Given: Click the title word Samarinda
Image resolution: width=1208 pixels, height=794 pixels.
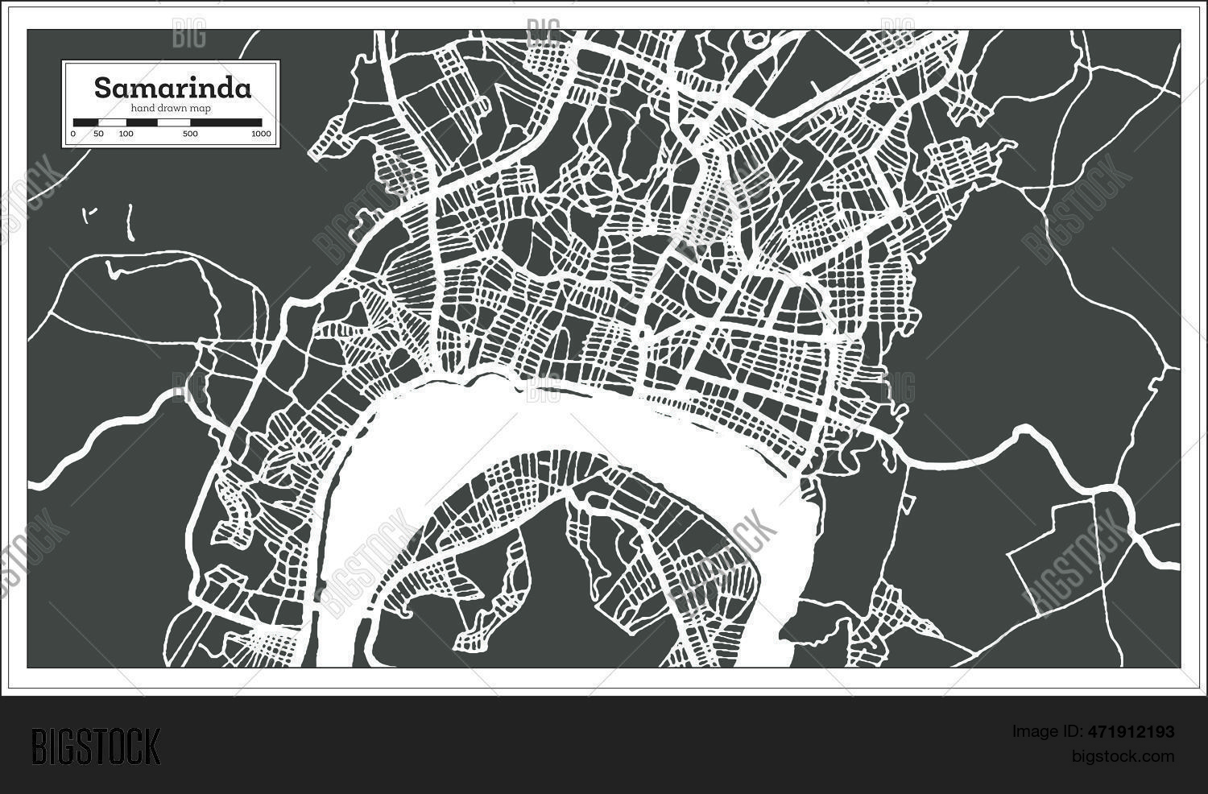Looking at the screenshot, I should pyautogui.click(x=172, y=88).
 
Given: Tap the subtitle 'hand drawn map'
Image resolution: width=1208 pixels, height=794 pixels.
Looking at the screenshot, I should pyautogui.click(x=172, y=108).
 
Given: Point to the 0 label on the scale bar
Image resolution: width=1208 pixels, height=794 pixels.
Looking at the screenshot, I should pyautogui.click(x=73, y=134).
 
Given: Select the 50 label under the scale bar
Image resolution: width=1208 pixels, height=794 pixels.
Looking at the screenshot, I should pyautogui.click(x=98, y=134).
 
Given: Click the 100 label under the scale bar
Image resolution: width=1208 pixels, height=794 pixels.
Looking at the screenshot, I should pyautogui.click(x=126, y=134).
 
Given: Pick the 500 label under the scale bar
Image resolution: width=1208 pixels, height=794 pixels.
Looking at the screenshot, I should pyautogui.click(x=190, y=134).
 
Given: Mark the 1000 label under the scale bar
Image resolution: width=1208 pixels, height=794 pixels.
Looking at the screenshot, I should pyautogui.click(x=261, y=134).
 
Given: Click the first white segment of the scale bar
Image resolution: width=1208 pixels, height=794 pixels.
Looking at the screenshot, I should pyautogui.click(x=112, y=122).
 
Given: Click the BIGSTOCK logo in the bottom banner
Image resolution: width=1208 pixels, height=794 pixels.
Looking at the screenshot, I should pyautogui.click(x=96, y=746).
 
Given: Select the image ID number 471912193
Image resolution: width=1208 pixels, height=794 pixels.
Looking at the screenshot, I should pyautogui.click(x=1127, y=732).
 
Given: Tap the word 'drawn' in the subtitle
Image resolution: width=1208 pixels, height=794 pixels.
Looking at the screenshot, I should pyautogui.click(x=172, y=108).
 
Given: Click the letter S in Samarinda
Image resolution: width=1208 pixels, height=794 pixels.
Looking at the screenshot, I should pyautogui.click(x=102, y=88).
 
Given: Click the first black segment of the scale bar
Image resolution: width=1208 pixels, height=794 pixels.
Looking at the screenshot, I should pyautogui.click(x=85, y=122).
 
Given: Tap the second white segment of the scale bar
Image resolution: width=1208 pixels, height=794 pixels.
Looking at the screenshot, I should pyautogui.click(x=173, y=122).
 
